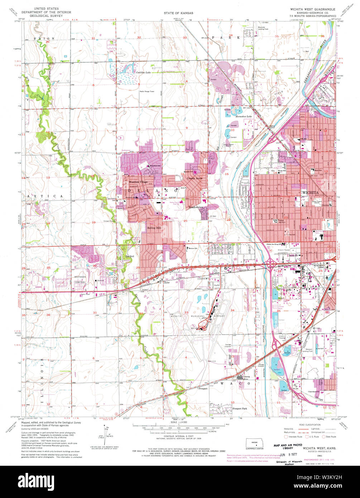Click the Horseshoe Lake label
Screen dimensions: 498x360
[x=244, y=117]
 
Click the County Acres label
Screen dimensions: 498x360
[x=195, y=178]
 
